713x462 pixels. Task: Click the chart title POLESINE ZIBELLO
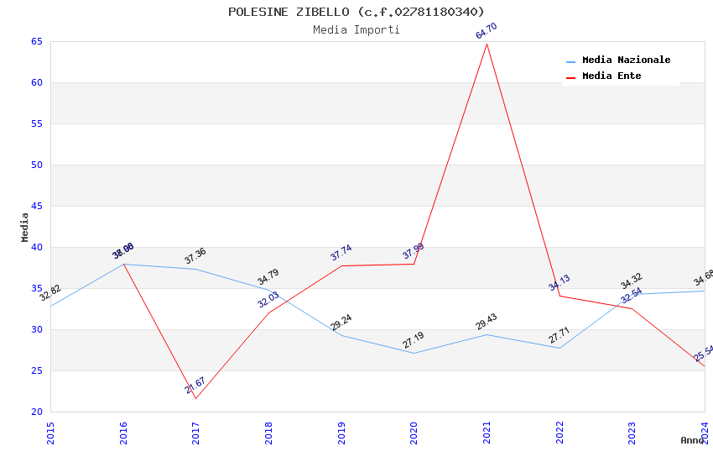click(356, 12)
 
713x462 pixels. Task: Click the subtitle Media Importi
click(356, 29)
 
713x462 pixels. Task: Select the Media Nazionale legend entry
click(626, 60)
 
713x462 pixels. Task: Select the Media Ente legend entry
click(612, 76)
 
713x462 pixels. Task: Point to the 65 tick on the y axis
click(37, 41)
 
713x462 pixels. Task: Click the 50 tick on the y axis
click(37, 165)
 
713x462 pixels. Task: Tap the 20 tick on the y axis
click(37, 412)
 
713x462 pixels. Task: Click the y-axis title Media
click(25, 227)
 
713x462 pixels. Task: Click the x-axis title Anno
click(692, 440)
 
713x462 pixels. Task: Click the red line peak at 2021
click(487, 44)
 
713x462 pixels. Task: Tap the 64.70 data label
click(487, 31)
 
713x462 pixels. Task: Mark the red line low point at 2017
click(196, 398)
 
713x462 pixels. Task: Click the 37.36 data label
click(195, 256)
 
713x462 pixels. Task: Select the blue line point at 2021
click(487, 334)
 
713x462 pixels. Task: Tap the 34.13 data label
click(559, 283)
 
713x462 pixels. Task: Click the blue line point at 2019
click(341, 335)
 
